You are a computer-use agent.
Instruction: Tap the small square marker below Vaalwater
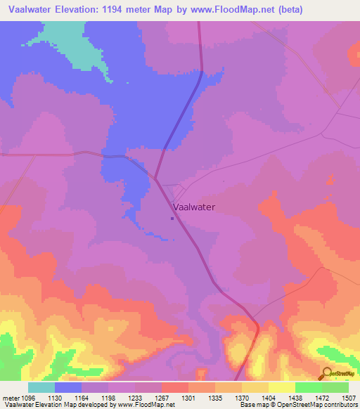coord(172,218)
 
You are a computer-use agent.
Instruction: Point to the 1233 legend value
coord(148,397)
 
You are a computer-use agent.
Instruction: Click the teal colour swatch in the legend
coord(41,387)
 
